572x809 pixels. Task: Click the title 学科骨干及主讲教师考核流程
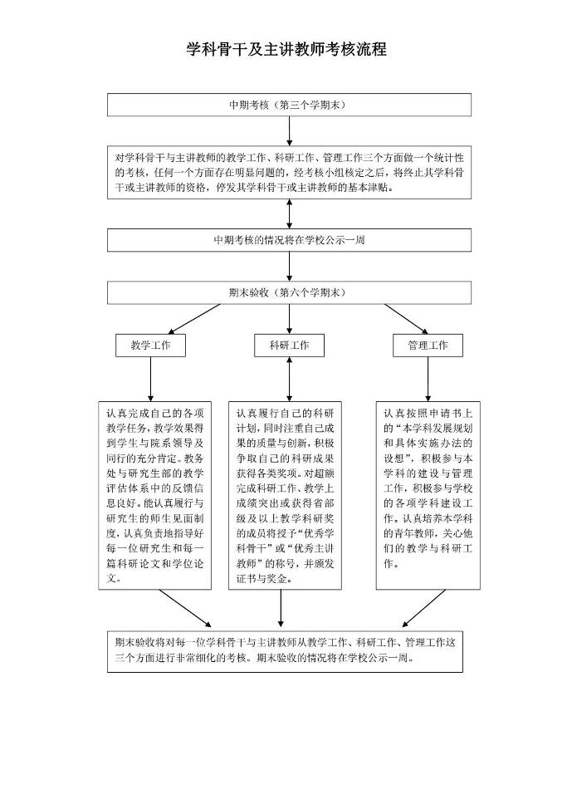click(x=286, y=50)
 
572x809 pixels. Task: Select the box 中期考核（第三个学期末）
click(x=289, y=105)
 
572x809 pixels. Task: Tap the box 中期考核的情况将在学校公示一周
click(x=289, y=240)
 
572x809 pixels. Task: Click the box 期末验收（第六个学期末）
click(x=289, y=293)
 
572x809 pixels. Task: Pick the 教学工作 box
click(x=150, y=346)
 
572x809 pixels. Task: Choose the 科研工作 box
click(x=289, y=346)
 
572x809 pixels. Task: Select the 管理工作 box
click(x=428, y=346)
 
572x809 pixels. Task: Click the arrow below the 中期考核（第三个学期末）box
click(x=289, y=131)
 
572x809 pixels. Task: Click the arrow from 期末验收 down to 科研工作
click(x=289, y=319)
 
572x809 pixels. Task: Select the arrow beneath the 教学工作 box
click(x=150, y=379)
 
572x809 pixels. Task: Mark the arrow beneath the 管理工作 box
click(x=428, y=379)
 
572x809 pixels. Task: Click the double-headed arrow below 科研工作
click(x=289, y=379)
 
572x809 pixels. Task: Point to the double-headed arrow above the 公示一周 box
click(x=289, y=213)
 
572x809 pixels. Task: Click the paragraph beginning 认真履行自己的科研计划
click(x=285, y=495)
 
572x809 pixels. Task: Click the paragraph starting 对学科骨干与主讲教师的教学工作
click(x=289, y=172)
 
